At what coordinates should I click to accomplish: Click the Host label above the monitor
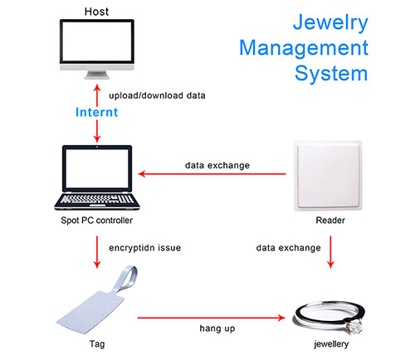(98, 11)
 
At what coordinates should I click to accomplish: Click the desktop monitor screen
(98, 45)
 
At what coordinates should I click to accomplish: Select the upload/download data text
(158, 95)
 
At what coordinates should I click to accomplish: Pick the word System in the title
(331, 72)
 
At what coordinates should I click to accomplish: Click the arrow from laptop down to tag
(98, 252)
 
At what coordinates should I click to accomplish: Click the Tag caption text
(98, 343)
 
